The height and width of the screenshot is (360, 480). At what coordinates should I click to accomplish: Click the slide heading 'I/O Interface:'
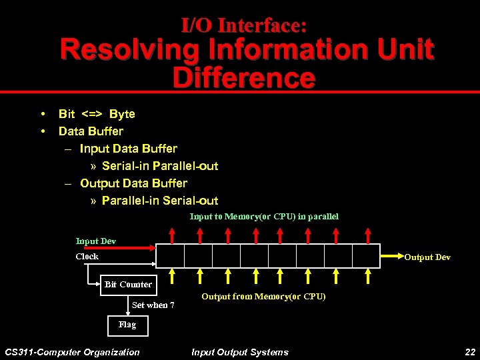[244, 25]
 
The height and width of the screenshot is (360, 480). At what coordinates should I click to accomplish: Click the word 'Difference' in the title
[244, 78]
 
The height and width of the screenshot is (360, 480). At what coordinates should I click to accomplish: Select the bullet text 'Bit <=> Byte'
[97, 114]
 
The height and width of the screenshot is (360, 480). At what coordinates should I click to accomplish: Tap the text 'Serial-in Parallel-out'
[159, 166]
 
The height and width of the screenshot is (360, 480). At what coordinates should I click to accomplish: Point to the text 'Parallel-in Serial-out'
[159, 201]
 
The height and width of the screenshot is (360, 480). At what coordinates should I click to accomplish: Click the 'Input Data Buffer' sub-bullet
[128, 149]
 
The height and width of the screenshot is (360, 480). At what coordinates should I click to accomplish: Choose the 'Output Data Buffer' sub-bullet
[133, 183]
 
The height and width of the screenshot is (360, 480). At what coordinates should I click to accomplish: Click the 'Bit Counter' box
[128, 285]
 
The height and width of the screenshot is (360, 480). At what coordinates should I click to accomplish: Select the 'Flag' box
[127, 325]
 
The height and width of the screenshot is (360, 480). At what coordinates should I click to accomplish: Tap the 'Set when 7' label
[153, 305]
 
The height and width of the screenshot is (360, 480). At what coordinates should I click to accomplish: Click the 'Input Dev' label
[95, 241]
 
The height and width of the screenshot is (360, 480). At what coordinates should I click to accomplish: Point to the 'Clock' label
[87, 257]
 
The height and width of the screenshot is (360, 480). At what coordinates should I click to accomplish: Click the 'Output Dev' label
[427, 257]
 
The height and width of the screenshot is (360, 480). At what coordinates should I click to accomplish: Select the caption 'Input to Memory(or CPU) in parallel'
[264, 217]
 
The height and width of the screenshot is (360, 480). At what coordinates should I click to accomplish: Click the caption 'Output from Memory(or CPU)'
[263, 297]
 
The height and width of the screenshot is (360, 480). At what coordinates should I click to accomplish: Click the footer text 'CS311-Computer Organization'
[72, 352]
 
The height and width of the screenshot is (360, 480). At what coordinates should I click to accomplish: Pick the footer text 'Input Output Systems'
[240, 352]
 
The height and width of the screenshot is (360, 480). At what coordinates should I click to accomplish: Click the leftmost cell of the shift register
[170, 255]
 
